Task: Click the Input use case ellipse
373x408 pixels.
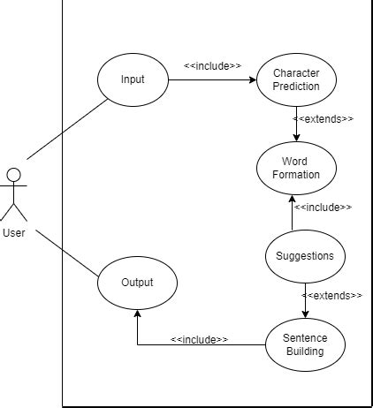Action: tap(132, 80)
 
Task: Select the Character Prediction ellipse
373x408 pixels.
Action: tap(295, 80)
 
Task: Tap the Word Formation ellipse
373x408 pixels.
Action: tap(295, 167)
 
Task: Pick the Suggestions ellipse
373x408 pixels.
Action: tap(305, 256)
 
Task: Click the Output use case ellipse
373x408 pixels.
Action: tap(136, 283)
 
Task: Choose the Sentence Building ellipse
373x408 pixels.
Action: tap(304, 344)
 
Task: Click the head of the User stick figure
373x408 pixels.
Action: tap(13, 173)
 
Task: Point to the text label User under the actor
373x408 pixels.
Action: tap(13, 233)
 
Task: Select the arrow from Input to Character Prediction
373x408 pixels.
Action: tap(212, 80)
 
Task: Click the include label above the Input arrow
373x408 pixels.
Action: tap(212, 65)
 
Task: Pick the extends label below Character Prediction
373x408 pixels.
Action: tap(324, 118)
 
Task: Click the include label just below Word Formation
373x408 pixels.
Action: tap(323, 208)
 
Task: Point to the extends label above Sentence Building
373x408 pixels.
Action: tap(331, 295)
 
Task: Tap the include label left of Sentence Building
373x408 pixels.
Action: tap(199, 339)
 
